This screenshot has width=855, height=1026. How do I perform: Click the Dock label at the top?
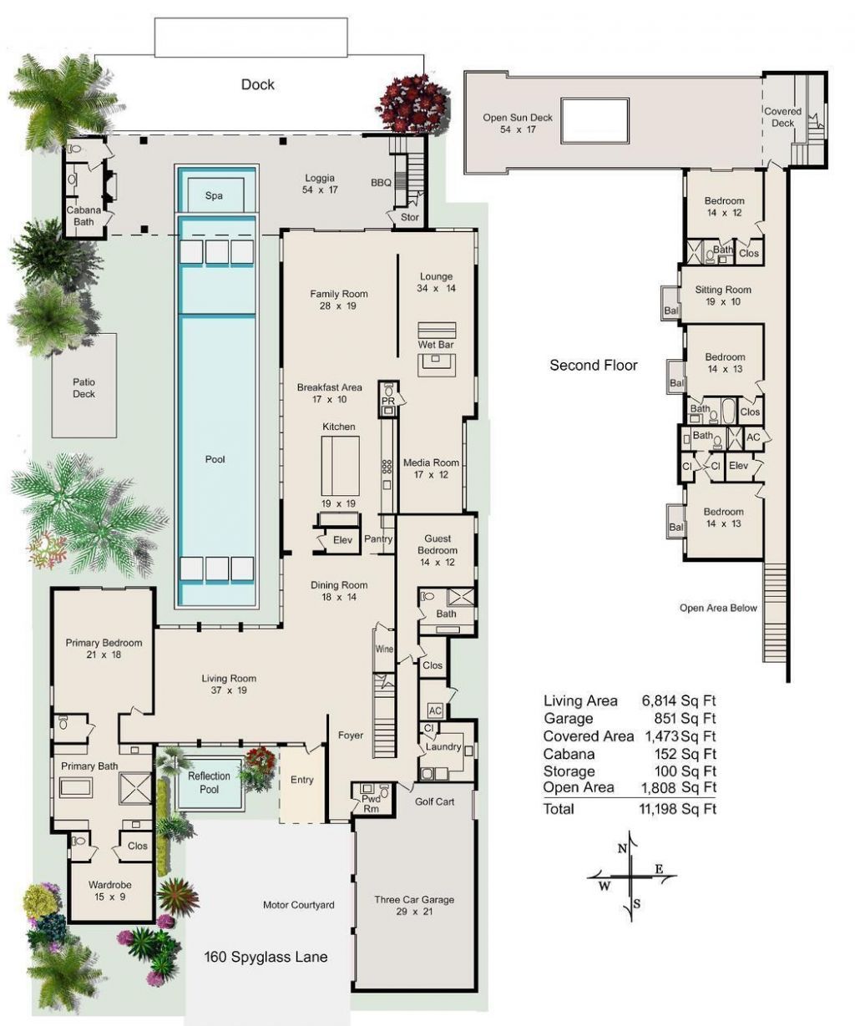257,84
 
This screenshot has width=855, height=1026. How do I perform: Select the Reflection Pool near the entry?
209,782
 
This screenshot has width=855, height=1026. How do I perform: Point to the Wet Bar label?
435,345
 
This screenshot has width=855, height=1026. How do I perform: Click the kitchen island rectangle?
341,466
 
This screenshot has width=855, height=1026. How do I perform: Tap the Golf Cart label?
434,801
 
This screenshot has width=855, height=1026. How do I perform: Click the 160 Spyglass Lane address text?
266,957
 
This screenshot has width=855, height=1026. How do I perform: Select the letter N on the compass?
622,848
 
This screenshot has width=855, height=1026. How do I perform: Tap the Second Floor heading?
593,365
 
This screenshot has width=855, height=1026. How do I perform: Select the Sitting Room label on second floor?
723,290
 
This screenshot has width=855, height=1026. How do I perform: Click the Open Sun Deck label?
517,118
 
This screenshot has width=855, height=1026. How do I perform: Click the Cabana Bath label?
83,215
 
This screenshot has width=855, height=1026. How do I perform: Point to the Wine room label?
383,649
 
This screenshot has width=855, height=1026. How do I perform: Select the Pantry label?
378,540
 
